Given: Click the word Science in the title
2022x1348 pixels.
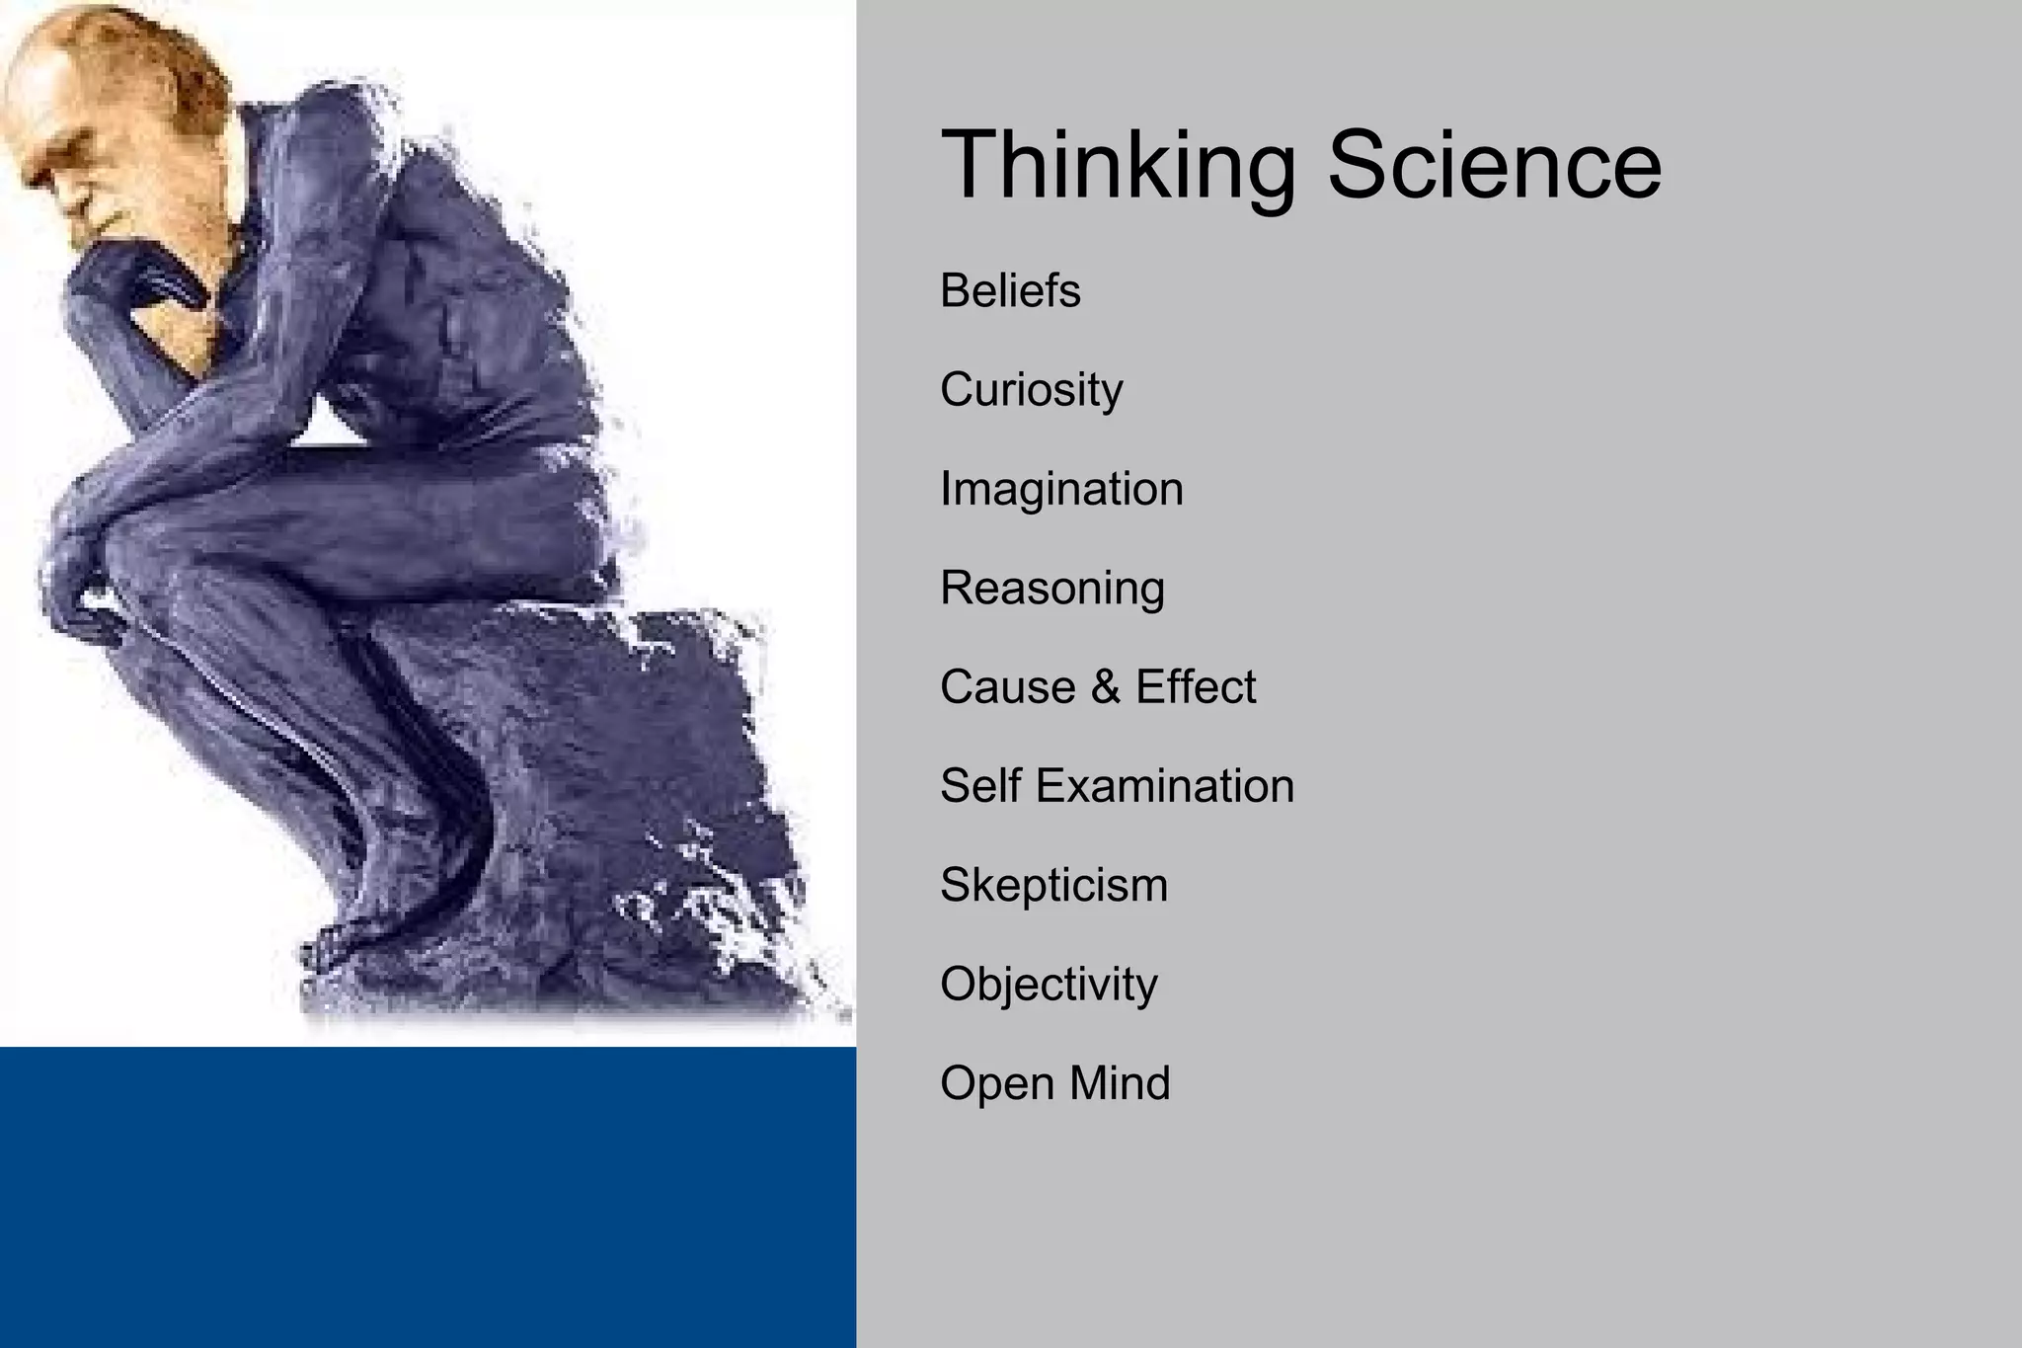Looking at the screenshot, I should coord(1494,165).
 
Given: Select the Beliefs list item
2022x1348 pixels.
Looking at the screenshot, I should coord(1010,291).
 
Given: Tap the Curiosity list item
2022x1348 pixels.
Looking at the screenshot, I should coord(1031,390).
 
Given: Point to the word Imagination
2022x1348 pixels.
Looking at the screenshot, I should coord(1061,489).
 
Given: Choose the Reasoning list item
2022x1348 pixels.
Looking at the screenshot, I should coord(1052,589).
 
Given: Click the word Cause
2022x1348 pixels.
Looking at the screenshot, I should coord(1007,687).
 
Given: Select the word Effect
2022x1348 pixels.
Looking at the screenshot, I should coord(1196,687).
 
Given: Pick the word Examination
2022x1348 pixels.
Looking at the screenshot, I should coord(1165,786).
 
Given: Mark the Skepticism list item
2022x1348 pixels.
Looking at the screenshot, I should coord(1053,885).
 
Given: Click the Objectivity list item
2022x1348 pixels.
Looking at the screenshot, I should coord(1049,985).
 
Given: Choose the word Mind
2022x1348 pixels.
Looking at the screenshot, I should coord(1120,1083).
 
